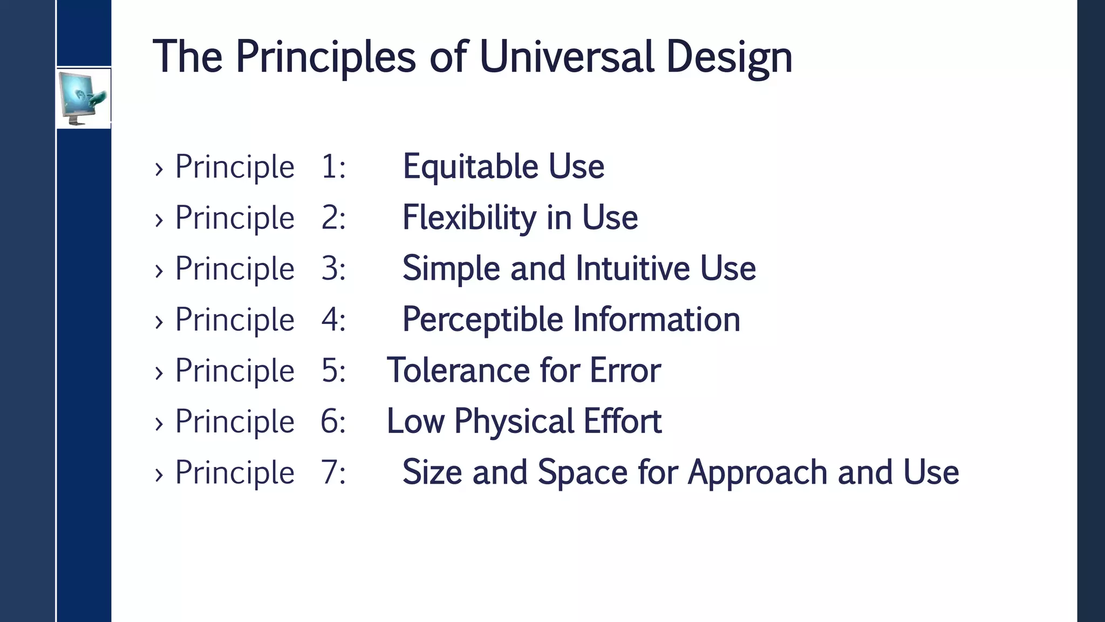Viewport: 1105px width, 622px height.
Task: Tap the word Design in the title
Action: point(729,57)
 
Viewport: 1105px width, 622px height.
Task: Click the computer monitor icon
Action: point(83,98)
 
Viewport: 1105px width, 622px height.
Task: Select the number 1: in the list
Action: point(333,166)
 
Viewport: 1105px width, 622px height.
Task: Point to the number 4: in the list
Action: point(333,319)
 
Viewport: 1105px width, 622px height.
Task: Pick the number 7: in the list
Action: point(333,472)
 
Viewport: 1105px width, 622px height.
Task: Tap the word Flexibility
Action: point(469,218)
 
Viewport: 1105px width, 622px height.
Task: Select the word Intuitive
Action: point(632,268)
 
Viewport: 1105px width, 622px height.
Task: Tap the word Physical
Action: point(514,422)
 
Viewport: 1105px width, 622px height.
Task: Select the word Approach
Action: point(758,472)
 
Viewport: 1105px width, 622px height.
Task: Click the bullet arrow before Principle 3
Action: point(159,271)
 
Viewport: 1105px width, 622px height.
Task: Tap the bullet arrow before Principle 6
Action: point(159,424)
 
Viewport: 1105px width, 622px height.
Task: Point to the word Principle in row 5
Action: point(235,371)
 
